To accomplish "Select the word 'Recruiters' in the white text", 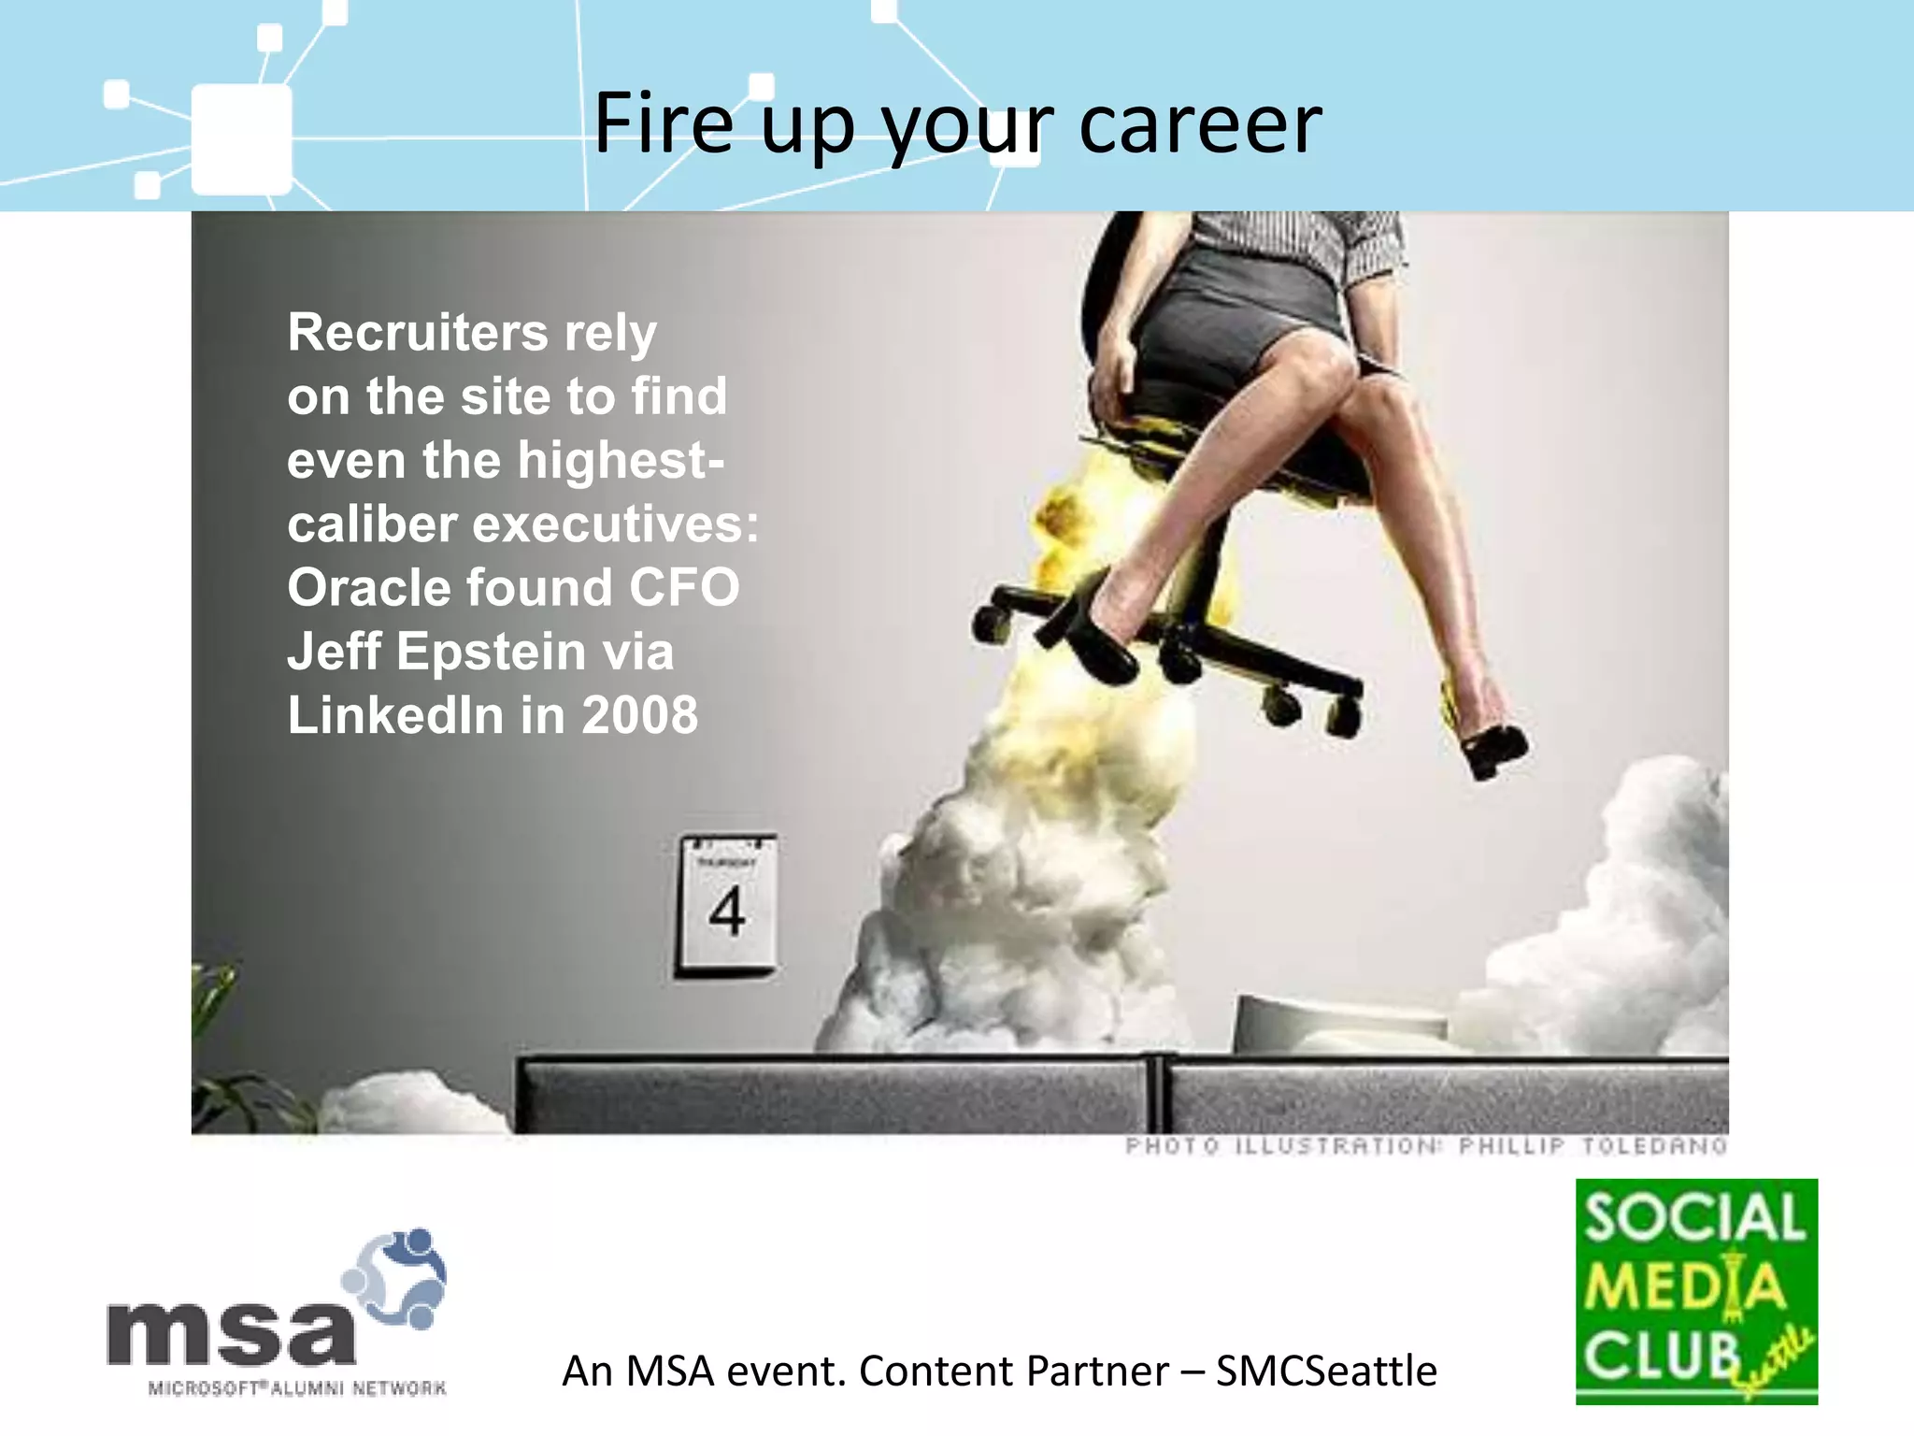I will point(418,333).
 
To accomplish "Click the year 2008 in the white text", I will point(639,715).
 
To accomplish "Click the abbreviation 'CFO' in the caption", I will point(684,588).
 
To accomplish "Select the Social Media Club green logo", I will point(1696,1291).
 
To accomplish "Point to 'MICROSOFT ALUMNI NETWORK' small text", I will point(297,1388).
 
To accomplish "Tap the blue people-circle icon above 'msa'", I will point(397,1276).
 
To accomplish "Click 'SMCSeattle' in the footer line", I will point(1326,1371).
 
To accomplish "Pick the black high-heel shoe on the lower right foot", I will point(1493,748).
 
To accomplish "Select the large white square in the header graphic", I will point(241,140).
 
